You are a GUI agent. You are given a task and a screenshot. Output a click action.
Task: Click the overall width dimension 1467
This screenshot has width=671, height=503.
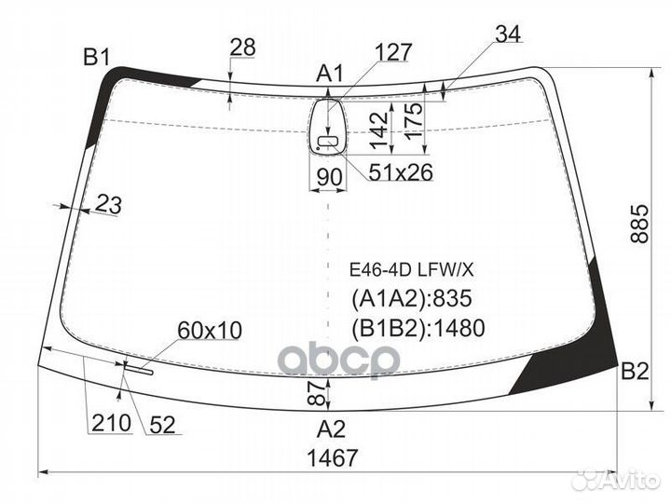click(332, 457)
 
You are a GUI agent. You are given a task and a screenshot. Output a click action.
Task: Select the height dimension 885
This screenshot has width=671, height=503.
click(639, 224)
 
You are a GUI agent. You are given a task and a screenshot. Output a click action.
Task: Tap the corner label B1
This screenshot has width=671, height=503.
click(97, 57)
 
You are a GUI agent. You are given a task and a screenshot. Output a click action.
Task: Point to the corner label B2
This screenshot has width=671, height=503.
click(635, 371)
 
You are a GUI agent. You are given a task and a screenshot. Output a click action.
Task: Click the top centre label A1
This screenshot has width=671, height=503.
click(330, 74)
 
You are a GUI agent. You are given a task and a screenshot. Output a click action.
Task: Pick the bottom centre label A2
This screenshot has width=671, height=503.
click(331, 428)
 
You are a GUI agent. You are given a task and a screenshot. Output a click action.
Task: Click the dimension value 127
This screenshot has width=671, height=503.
click(393, 52)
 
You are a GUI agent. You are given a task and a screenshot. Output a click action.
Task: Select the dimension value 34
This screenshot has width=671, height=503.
click(509, 34)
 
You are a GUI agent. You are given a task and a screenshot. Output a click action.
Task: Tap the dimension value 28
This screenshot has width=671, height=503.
click(242, 48)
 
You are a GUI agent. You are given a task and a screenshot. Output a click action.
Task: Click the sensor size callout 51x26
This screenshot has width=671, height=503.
click(401, 172)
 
